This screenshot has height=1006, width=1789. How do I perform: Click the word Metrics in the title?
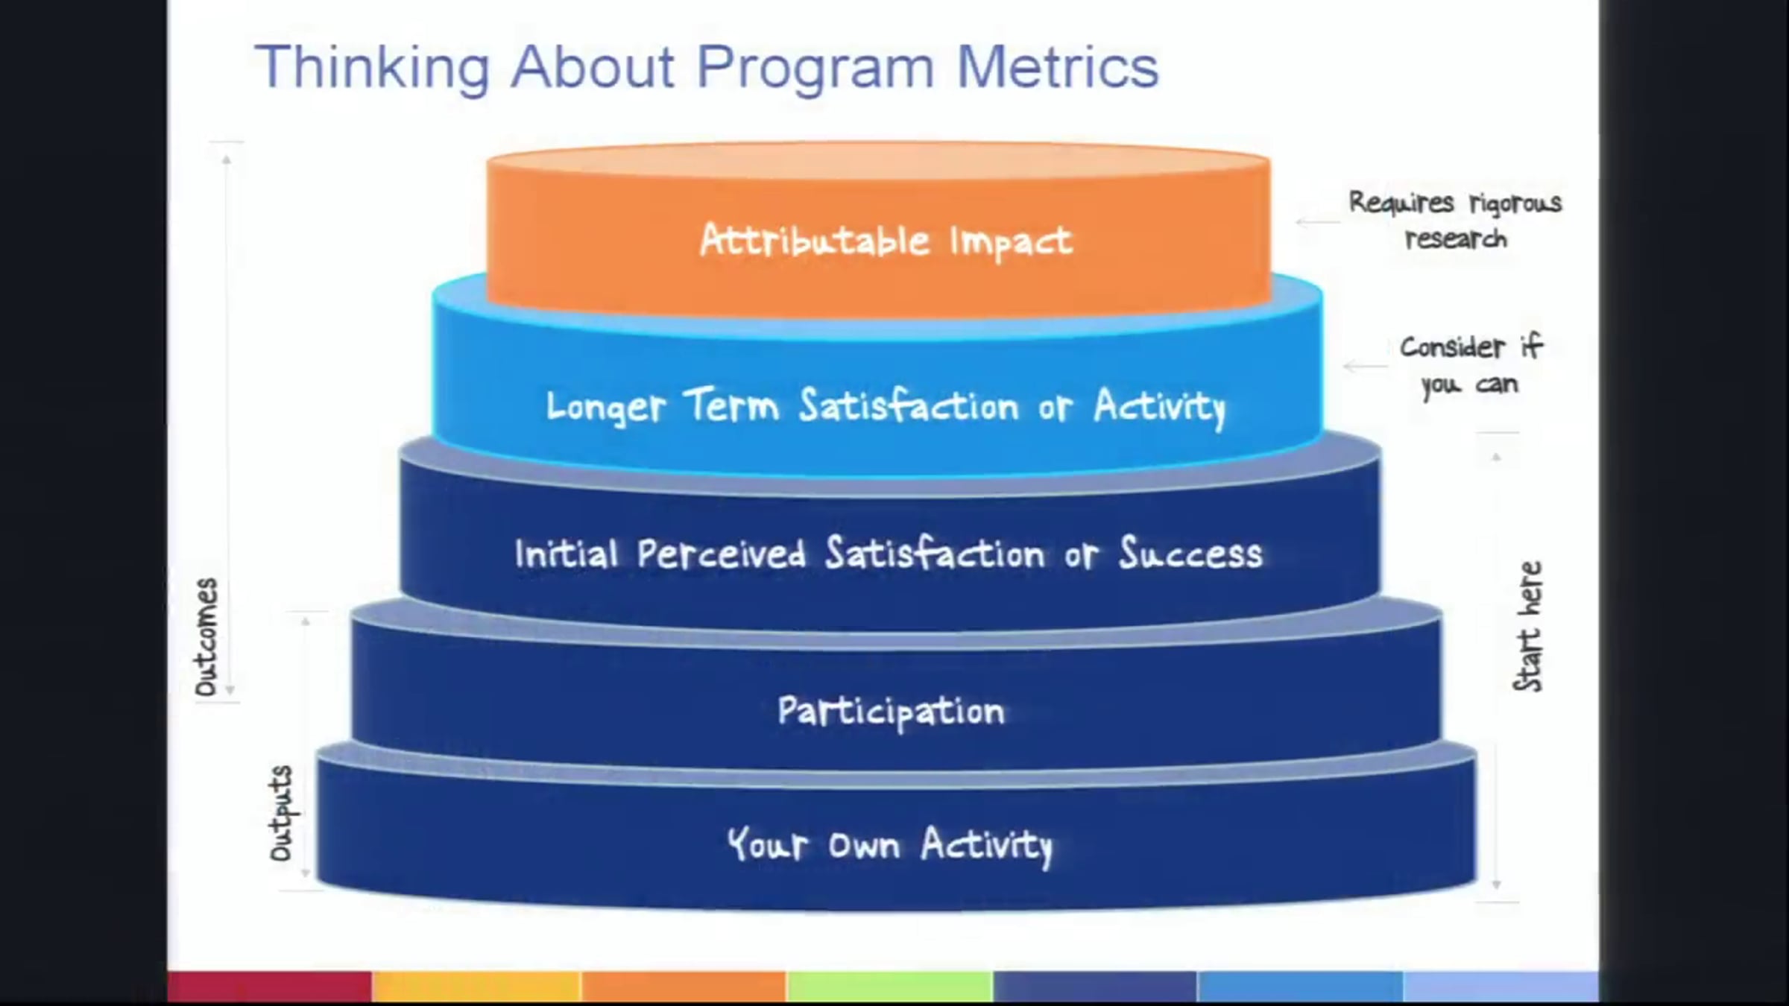[x=1058, y=67]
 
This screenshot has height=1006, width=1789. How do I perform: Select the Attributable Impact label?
[x=886, y=241]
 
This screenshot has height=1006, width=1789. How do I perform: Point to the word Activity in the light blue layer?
[x=1160, y=408]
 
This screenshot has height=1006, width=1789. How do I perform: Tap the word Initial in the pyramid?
[x=567, y=554]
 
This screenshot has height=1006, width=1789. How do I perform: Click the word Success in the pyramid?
[x=1191, y=553]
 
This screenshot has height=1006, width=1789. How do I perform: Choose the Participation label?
[x=891, y=712]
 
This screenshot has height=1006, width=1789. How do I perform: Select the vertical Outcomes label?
[x=206, y=637]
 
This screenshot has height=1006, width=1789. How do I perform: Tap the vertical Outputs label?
[x=281, y=813]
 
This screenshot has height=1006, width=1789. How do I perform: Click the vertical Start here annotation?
[x=1527, y=627]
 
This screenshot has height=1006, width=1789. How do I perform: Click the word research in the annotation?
[x=1456, y=239]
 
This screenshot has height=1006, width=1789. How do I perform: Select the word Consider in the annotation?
[x=1453, y=347]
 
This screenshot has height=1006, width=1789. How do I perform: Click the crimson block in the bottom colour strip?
[x=270, y=987]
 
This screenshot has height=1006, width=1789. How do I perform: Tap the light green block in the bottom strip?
[x=890, y=987]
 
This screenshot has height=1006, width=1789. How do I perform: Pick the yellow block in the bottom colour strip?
[x=476, y=987]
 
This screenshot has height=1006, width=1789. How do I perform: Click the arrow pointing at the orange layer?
[x=1318, y=222]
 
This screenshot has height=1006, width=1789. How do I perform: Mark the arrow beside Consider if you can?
[x=1366, y=366]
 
